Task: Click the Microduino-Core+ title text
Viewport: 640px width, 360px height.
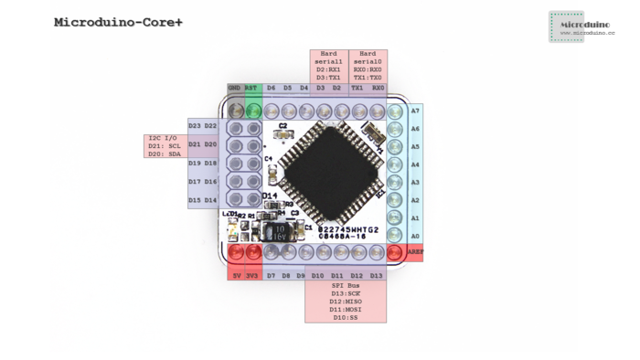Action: click(x=118, y=22)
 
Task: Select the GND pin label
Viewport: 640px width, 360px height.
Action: click(x=234, y=89)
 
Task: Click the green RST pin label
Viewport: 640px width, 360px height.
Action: click(x=251, y=89)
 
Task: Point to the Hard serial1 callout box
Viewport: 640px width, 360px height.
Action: click(x=328, y=67)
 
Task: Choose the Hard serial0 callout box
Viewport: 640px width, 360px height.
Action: click(x=368, y=67)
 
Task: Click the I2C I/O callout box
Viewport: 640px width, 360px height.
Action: click(x=165, y=146)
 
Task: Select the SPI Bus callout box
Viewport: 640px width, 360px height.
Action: click(x=346, y=302)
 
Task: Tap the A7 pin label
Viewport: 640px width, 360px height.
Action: click(x=415, y=111)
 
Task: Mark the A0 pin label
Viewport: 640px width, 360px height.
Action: click(x=415, y=236)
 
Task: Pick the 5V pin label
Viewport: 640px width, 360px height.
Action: click(x=236, y=275)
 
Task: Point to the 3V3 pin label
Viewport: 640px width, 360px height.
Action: click(x=252, y=275)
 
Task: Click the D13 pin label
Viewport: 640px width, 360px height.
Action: click(x=377, y=275)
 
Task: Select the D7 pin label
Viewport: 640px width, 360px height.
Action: click(x=271, y=275)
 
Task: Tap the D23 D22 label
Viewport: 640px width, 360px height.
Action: click(x=202, y=126)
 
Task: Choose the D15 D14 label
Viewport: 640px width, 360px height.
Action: click(x=202, y=200)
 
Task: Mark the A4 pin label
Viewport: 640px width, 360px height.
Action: click(x=415, y=165)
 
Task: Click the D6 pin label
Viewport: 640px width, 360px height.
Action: click(x=272, y=89)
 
